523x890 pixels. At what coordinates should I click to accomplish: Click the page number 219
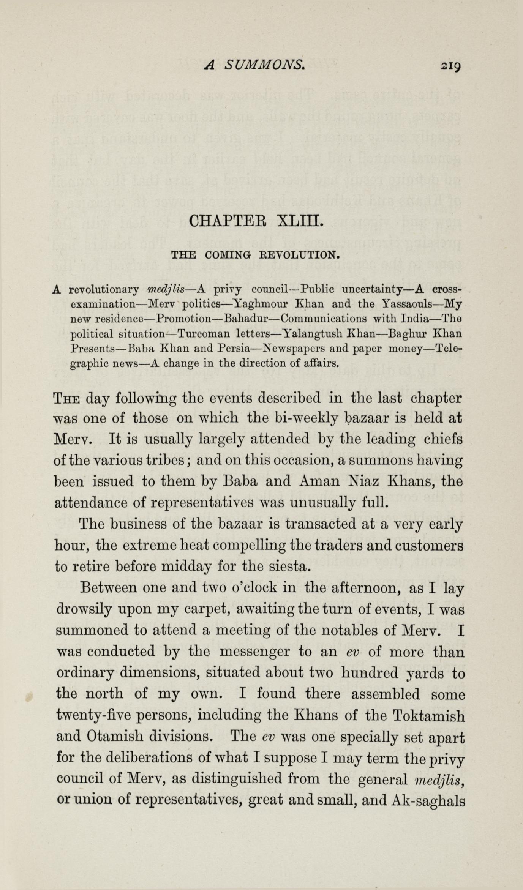pos(450,66)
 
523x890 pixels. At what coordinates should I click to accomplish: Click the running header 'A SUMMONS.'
pos(254,65)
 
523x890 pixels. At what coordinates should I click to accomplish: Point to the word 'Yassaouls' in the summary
pos(409,304)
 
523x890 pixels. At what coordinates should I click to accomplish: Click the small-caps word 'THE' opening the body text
pos(67,399)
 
